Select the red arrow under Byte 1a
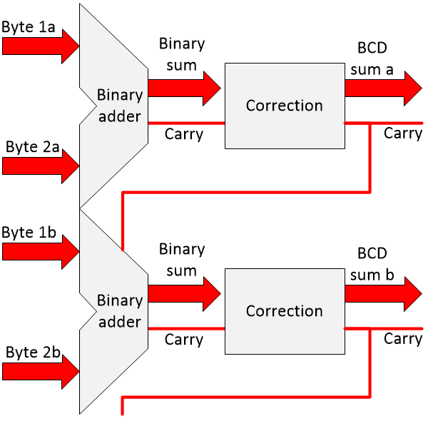point(40,47)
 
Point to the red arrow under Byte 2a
point(40,167)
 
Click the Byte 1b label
point(29,233)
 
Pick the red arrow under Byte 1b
point(40,251)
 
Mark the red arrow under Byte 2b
point(40,370)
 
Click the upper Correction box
point(284,106)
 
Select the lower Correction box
point(284,311)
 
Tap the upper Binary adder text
point(119,105)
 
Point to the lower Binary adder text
point(119,311)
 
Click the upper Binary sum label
point(181,54)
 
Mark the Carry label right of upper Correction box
point(403,133)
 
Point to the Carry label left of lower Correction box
point(184,339)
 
